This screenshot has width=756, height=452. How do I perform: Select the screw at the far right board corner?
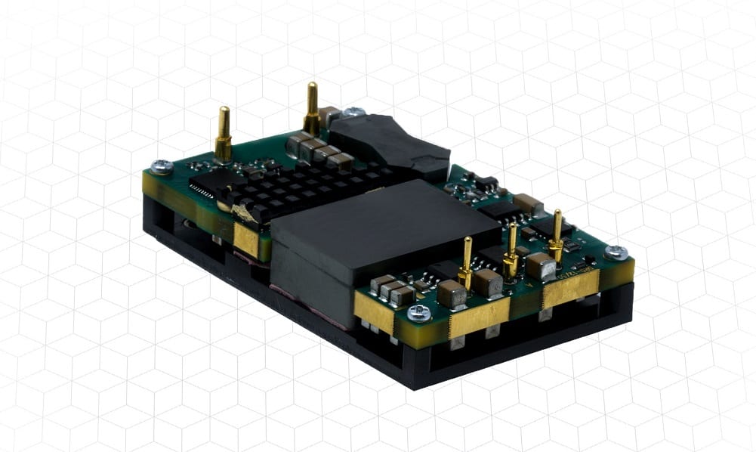point(616,252)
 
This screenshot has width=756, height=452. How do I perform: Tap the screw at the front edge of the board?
point(415,311)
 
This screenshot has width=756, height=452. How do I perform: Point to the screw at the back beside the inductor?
point(353,113)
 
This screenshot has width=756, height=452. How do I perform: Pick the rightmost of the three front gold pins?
point(557,235)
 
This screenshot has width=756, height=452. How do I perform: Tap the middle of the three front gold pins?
point(511,250)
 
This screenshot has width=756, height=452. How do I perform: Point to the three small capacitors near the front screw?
point(391,288)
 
